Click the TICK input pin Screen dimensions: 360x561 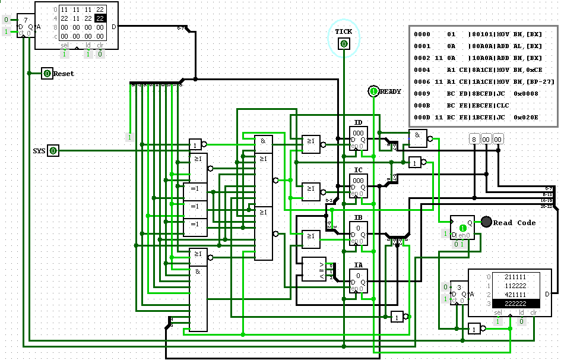click(x=343, y=43)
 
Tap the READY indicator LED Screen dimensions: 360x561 click(x=373, y=91)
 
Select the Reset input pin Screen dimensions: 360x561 click(x=47, y=74)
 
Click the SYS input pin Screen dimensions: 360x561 click(x=53, y=151)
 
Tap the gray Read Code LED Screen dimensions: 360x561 click(x=486, y=222)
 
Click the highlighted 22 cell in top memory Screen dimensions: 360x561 click(x=100, y=18)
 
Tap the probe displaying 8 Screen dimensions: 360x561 click(x=474, y=139)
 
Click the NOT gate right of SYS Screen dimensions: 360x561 click(x=196, y=144)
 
